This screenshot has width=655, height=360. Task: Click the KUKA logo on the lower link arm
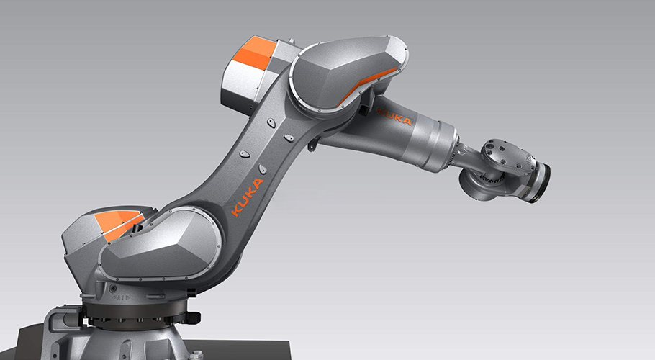tap(248, 197)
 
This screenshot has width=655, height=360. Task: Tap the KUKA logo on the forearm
tap(394, 117)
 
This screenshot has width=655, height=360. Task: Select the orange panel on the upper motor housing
tap(254, 53)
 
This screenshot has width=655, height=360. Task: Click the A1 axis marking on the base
tap(122, 298)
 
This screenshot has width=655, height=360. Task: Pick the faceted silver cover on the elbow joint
tap(348, 73)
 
